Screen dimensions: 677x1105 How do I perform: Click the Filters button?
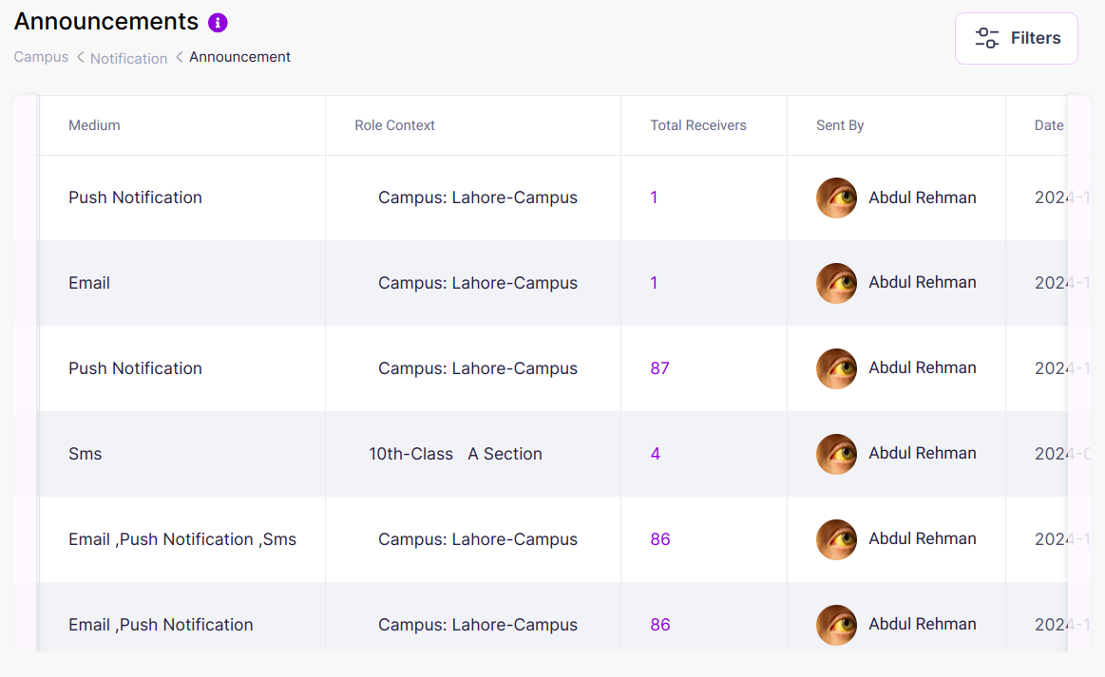pyautogui.click(x=1016, y=38)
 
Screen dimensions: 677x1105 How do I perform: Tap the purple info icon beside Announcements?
pyautogui.click(x=218, y=23)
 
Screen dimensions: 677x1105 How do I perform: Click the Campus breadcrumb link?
pyautogui.click(x=41, y=57)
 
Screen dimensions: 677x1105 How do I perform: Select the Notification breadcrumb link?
pyautogui.click(x=128, y=58)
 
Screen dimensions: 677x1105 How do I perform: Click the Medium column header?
pyautogui.click(x=94, y=125)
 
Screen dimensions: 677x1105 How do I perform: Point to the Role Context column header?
pyautogui.click(x=394, y=125)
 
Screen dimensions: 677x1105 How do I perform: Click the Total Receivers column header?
pyautogui.click(x=697, y=125)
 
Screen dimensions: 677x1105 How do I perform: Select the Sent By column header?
pyautogui.click(x=840, y=125)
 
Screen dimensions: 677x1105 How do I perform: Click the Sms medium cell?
pyautogui.click(x=85, y=454)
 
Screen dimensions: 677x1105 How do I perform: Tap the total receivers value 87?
pyautogui.click(x=659, y=368)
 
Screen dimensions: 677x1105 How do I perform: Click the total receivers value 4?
pyautogui.click(x=655, y=454)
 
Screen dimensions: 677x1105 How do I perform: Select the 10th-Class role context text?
pyautogui.click(x=410, y=454)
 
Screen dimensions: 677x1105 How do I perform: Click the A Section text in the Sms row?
pyautogui.click(x=505, y=454)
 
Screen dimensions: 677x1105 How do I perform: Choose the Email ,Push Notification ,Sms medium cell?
pyautogui.click(x=182, y=539)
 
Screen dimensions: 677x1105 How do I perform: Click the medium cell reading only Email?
pyautogui.click(x=89, y=283)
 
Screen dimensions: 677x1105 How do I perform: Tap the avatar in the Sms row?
pyautogui.click(x=836, y=454)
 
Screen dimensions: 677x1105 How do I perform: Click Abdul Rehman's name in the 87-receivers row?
pyautogui.click(x=922, y=367)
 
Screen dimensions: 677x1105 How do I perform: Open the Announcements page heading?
pyautogui.click(x=106, y=22)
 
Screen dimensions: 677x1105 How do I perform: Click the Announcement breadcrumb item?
pyautogui.click(x=239, y=57)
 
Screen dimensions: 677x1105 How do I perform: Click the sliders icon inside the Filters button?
pyautogui.click(x=987, y=38)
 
